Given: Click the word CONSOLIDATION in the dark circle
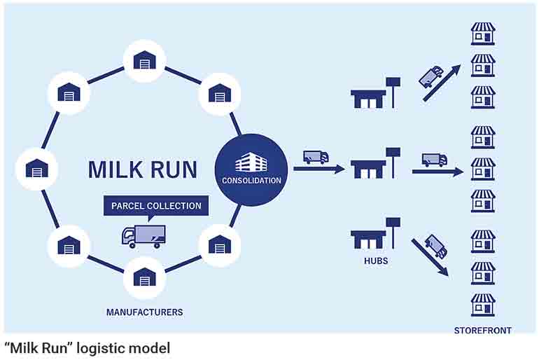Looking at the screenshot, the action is point(251,180).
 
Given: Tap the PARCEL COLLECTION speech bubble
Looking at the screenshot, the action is point(156,206).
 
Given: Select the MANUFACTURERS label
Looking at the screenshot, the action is point(145,312).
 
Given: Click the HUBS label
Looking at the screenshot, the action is point(376,261).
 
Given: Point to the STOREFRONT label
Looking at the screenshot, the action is point(482,331).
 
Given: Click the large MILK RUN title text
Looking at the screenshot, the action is point(143,169).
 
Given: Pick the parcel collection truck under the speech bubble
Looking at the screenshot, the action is point(143,236).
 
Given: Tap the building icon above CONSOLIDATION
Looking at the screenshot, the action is point(251,162).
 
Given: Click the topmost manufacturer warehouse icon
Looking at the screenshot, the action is point(145,60).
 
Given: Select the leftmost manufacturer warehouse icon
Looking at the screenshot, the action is point(37,169).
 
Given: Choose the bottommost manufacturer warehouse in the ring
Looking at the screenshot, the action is point(145,277).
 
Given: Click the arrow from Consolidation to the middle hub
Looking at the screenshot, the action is point(319,169).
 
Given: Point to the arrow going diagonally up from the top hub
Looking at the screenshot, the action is point(442,83).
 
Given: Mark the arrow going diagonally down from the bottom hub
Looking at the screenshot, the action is point(430,258).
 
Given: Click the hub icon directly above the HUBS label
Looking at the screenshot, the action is point(375,233).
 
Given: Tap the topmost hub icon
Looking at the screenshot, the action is point(375,93).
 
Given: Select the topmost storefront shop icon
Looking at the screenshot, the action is point(483,34).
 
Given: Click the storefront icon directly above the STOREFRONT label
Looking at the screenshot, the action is point(483,305).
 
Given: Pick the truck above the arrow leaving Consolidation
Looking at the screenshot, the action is point(316,157).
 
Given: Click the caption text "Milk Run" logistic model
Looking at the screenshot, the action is point(87,348).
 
